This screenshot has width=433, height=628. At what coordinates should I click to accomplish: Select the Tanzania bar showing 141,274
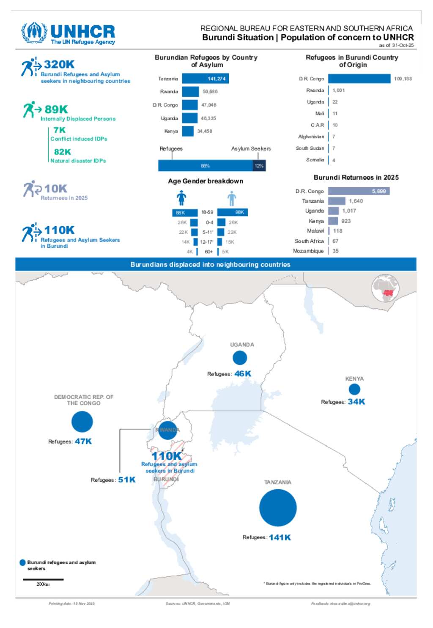(x=206, y=79)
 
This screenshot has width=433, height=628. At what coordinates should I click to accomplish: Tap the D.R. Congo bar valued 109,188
(x=359, y=79)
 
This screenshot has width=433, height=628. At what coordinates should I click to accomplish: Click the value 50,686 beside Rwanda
(x=210, y=92)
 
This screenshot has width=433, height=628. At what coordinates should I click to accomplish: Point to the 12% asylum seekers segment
(x=259, y=166)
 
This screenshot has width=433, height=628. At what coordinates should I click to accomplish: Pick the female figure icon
(x=181, y=197)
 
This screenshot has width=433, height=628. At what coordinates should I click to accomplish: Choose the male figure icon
(x=231, y=198)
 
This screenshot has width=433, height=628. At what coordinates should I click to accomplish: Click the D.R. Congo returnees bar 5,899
(x=359, y=191)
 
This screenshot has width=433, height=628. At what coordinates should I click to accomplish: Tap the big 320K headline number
(x=59, y=64)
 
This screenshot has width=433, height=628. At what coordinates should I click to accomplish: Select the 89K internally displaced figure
(x=56, y=110)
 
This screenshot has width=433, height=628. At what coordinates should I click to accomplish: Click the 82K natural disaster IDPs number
(x=62, y=152)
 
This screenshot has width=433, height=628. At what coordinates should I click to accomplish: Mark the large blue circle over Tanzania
(x=278, y=507)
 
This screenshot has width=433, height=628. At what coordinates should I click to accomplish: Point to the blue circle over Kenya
(x=354, y=389)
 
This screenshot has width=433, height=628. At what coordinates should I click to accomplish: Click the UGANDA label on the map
(x=242, y=345)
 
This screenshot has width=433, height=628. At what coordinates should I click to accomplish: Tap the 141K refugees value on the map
(x=280, y=538)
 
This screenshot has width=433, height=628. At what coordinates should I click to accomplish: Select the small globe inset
(x=385, y=288)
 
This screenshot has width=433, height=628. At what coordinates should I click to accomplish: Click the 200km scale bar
(x=43, y=579)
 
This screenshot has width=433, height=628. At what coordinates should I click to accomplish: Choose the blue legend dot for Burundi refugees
(x=23, y=562)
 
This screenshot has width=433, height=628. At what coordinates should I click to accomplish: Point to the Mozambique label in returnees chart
(x=308, y=251)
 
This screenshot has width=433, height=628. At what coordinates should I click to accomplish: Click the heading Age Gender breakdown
(x=206, y=181)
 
